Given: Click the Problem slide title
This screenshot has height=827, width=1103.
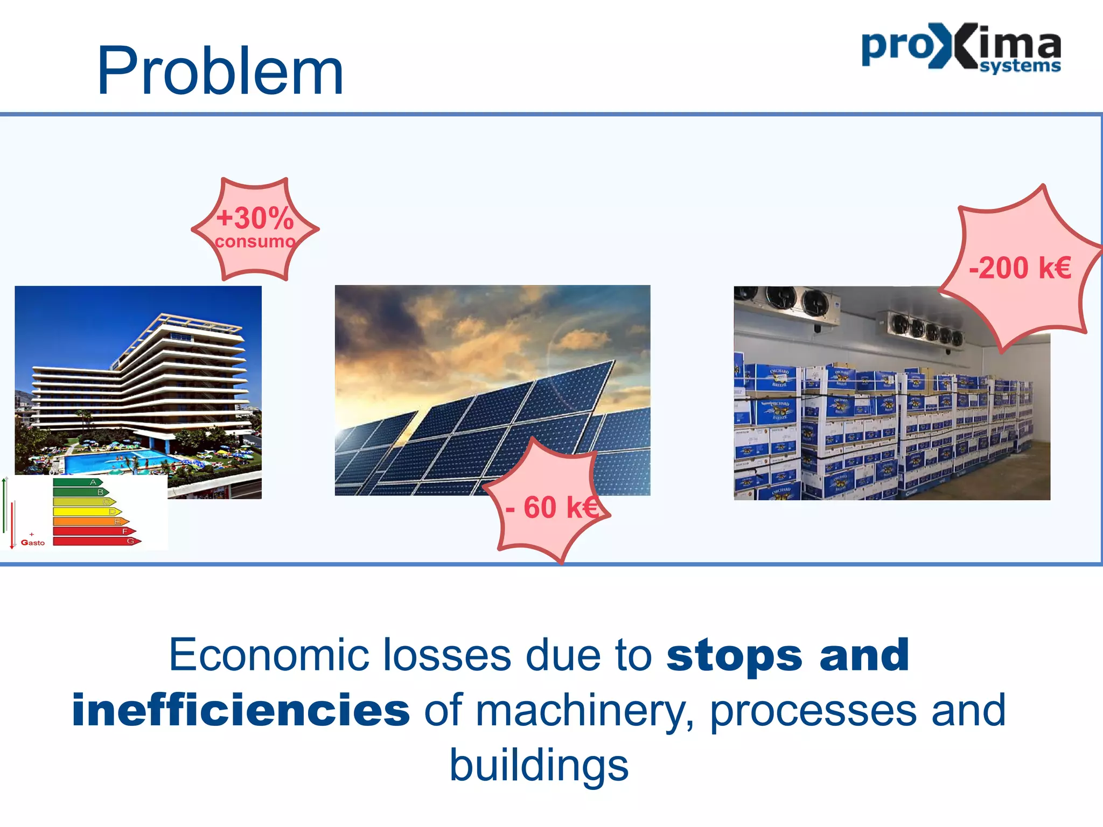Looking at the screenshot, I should tap(220, 72).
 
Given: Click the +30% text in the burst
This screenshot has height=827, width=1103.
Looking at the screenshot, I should tap(255, 218).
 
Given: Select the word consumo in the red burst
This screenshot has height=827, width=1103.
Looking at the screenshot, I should tap(255, 242).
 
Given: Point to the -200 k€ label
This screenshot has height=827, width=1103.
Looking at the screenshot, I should tap(1020, 268).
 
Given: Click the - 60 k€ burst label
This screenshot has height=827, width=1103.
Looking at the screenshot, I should tap(551, 508).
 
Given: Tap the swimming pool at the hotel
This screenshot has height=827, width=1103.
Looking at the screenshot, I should tap(116, 460).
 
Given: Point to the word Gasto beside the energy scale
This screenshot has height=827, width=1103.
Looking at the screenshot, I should tap(33, 543).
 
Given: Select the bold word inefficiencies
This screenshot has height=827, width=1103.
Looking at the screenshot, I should tap(241, 711).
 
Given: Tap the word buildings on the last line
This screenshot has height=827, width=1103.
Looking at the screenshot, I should tap(539, 766).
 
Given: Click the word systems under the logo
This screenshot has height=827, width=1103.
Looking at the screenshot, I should tap(1020, 66).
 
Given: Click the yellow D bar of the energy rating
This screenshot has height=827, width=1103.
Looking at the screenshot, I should tap(86, 511).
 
